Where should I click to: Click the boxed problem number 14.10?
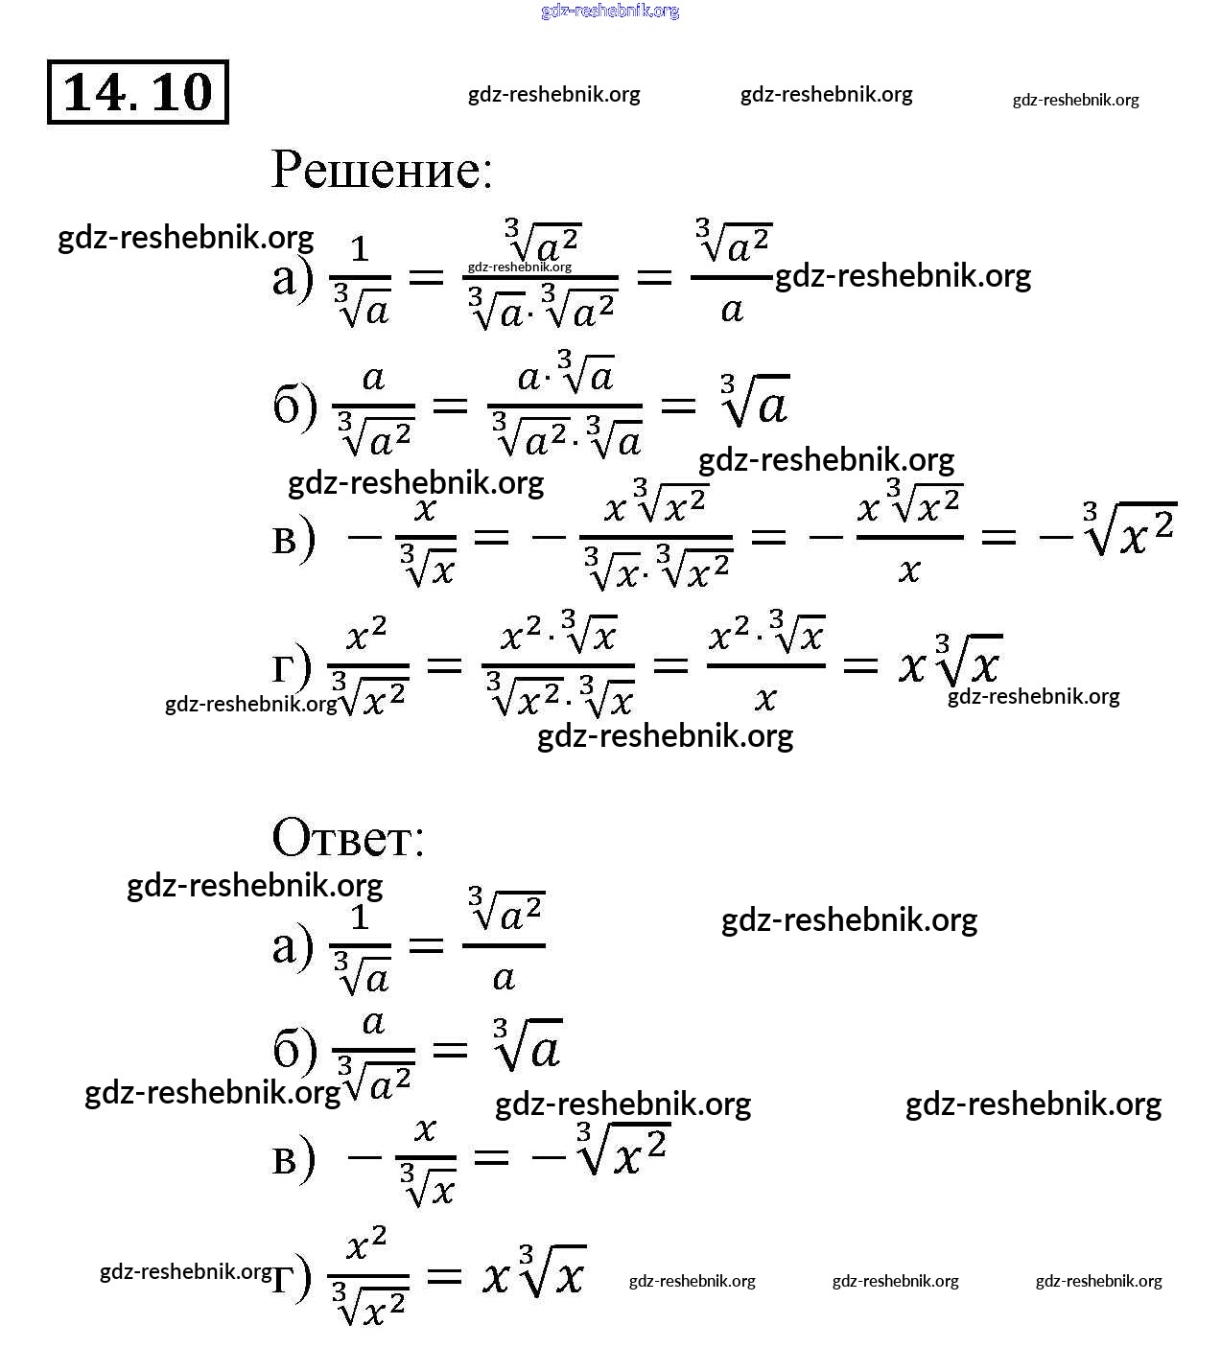(x=137, y=92)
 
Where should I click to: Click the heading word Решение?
(x=381, y=170)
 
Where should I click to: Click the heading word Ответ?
(x=347, y=838)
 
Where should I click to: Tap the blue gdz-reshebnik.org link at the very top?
(x=610, y=11)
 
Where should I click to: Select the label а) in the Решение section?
(x=293, y=279)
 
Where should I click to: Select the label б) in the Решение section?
(x=294, y=407)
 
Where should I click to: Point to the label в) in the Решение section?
(x=293, y=538)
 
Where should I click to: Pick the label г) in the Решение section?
(x=291, y=666)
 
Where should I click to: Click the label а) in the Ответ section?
(x=293, y=947)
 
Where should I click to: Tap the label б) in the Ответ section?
(x=294, y=1050)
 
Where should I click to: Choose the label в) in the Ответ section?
(x=293, y=1158)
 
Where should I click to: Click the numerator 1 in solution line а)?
(x=360, y=249)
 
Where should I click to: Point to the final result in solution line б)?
(x=755, y=401)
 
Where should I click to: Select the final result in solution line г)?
(x=950, y=662)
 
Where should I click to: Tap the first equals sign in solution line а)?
(x=427, y=279)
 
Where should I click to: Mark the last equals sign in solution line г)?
(x=860, y=664)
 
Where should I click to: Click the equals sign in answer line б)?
(x=450, y=1051)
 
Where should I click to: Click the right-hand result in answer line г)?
(x=533, y=1271)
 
